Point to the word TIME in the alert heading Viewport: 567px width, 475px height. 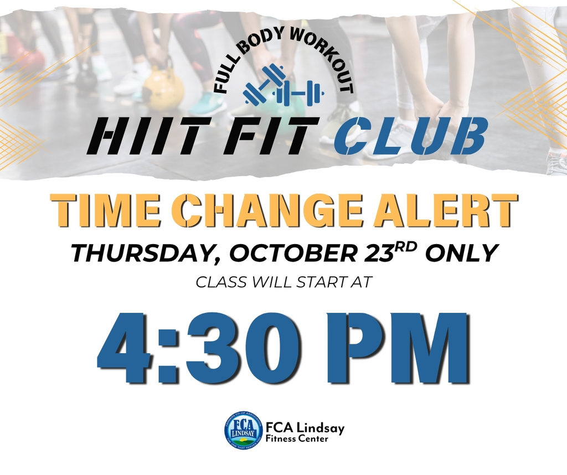(112, 209)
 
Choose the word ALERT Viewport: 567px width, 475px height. (440, 209)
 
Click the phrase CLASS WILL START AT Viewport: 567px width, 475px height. (283, 282)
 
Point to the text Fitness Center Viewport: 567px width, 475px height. (297, 439)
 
